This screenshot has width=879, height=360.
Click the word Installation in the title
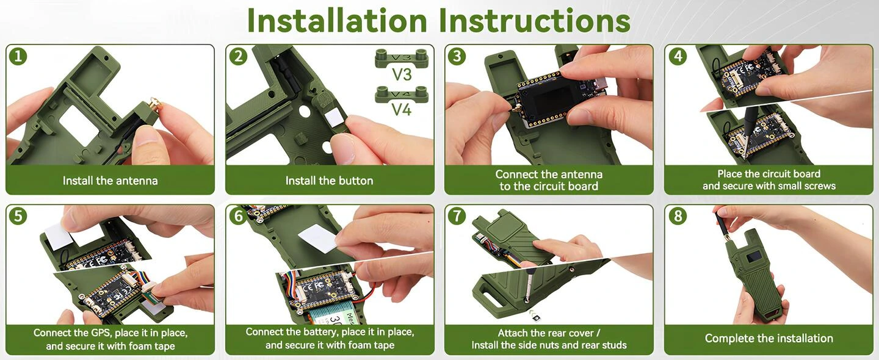tap(337, 20)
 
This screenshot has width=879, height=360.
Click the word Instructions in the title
tap(534, 20)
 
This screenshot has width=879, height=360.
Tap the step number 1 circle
tap(18, 57)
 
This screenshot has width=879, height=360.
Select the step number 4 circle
tap(678, 57)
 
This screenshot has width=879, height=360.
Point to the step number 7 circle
tap(457, 216)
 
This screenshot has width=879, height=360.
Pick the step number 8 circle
tap(678, 216)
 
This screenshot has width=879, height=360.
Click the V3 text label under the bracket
tap(402, 74)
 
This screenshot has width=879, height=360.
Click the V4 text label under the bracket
tap(402, 109)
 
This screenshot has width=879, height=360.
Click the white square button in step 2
tap(336, 118)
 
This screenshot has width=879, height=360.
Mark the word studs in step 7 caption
tap(613, 345)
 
